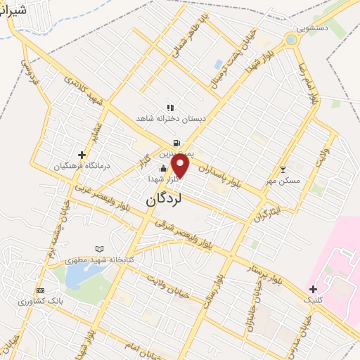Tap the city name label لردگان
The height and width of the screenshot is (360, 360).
(164, 200)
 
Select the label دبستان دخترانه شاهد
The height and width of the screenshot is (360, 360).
(172, 120)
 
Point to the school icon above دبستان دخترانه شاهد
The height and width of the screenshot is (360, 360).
(169, 108)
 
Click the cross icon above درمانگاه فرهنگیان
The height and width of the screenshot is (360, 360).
(82, 155)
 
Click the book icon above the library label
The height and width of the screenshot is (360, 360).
(99, 249)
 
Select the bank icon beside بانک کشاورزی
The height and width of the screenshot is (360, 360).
(40, 290)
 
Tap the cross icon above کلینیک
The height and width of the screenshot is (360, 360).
(313, 289)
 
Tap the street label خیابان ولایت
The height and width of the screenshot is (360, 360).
(167, 286)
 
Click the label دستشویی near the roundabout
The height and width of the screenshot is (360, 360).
(312, 28)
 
